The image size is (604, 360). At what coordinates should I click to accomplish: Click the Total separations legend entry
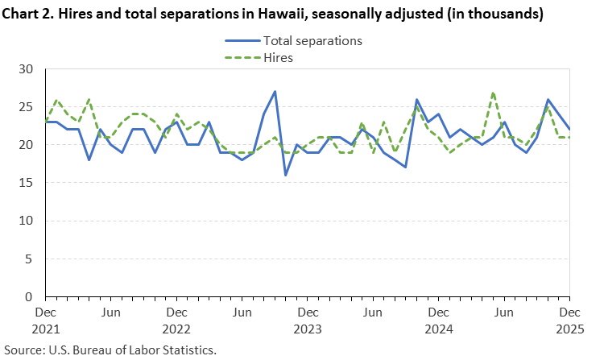[x=311, y=40]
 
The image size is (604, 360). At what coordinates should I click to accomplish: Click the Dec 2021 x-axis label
[x=46, y=320]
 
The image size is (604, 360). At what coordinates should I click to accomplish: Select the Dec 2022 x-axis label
[x=176, y=320]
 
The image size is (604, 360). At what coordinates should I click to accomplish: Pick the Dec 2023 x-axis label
[x=307, y=320]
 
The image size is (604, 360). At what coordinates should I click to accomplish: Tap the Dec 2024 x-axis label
[x=438, y=320]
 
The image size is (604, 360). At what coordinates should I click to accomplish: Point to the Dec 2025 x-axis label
[x=569, y=320]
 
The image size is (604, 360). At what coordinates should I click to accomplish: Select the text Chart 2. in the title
[x=30, y=14]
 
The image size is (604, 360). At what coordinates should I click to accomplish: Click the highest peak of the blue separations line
[x=275, y=92]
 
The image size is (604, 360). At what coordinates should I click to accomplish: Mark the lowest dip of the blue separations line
[x=286, y=175]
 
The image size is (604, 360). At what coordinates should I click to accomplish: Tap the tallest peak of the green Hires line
[x=493, y=92]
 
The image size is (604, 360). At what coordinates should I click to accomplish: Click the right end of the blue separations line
[x=569, y=130]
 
